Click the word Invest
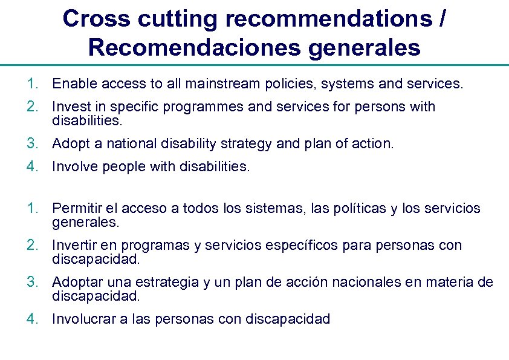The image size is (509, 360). pyautogui.click(x=71, y=106)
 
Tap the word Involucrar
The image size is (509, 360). pyautogui.click(x=82, y=319)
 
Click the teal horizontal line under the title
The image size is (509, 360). pyautogui.click(x=254, y=65)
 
